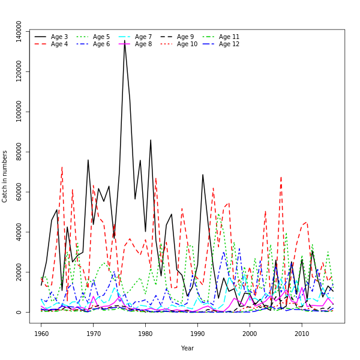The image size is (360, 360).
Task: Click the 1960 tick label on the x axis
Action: click(41, 334)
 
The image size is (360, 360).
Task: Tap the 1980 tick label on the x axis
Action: click(146, 334)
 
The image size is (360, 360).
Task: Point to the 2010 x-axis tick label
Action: click(302, 334)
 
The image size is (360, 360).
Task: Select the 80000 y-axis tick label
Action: click(19, 152)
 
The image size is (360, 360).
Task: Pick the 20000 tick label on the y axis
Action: click(19, 272)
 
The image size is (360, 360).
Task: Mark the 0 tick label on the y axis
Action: click(19, 312)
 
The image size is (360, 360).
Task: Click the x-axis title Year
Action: click(187, 348)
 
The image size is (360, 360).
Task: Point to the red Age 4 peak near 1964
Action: click(62, 167)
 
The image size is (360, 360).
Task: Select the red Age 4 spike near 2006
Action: click(281, 176)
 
